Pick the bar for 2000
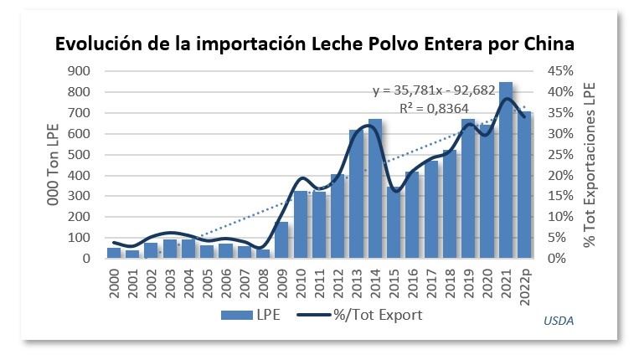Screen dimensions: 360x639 pos(114,253)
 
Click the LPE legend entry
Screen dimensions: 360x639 pos(250,315)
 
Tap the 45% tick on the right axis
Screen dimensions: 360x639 pos(559,71)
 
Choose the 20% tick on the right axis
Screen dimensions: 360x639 pos(559,176)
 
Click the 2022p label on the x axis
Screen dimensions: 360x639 pos(525,280)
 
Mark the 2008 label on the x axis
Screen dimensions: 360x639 pos(264,279)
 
